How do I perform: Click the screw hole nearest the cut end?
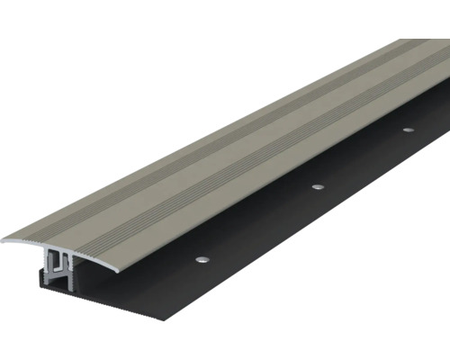tap(201, 260)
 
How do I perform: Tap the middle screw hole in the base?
tap(317, 186)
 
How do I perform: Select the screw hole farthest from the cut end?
tap(408, 130)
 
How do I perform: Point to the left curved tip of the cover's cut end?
tap(7, 240)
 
